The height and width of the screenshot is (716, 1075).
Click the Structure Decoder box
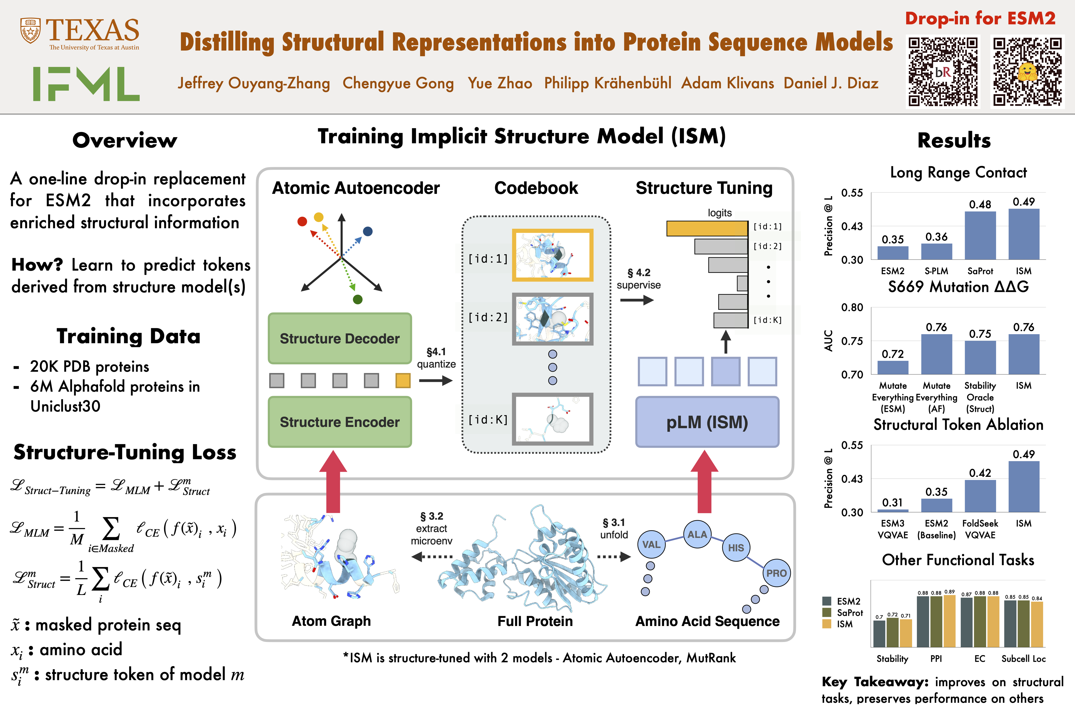[x=340, y=338]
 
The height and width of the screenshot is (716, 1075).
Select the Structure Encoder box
[x=340, y=422]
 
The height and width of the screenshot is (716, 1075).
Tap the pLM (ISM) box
[x=707, y=422]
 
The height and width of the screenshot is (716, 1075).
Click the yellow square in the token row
[x=403, y=380]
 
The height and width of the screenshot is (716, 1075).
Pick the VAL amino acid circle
[x=651, y=544]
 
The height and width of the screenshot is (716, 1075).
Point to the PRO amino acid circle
[x=776, y=573]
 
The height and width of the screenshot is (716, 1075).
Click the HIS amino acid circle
[x=735, y=547]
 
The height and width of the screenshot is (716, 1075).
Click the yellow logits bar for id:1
[x=707, y=228]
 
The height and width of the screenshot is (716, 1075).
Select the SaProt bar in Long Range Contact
[x=980, y=236]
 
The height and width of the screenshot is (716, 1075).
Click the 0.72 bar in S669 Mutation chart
[x=893, y=368]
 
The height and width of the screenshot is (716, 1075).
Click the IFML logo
[x=86, y=84]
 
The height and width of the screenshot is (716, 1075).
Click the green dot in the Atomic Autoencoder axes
[x=358, y=300]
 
